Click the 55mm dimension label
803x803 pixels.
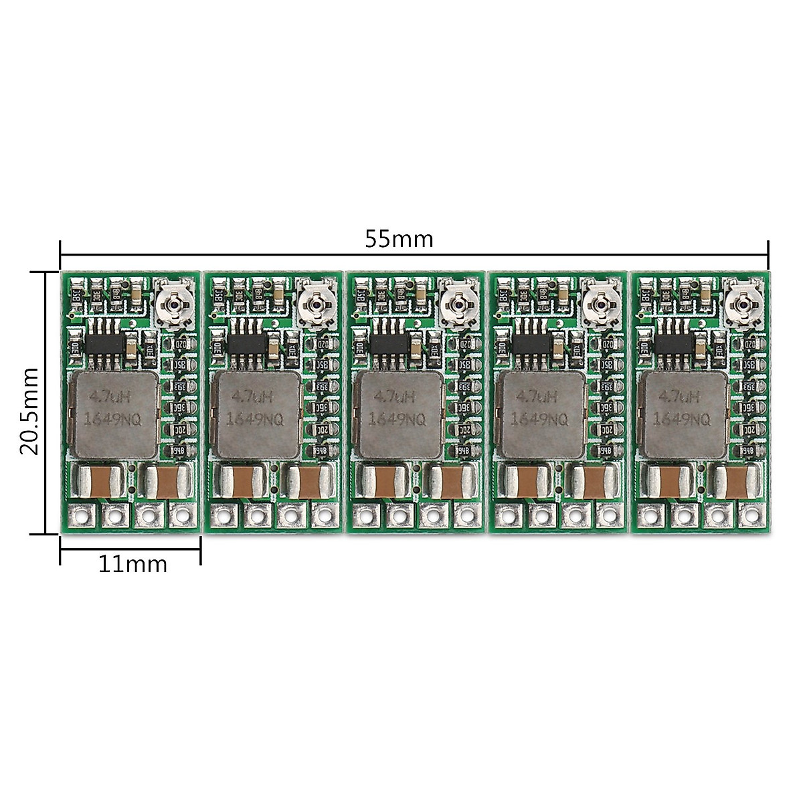pos(399,239)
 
